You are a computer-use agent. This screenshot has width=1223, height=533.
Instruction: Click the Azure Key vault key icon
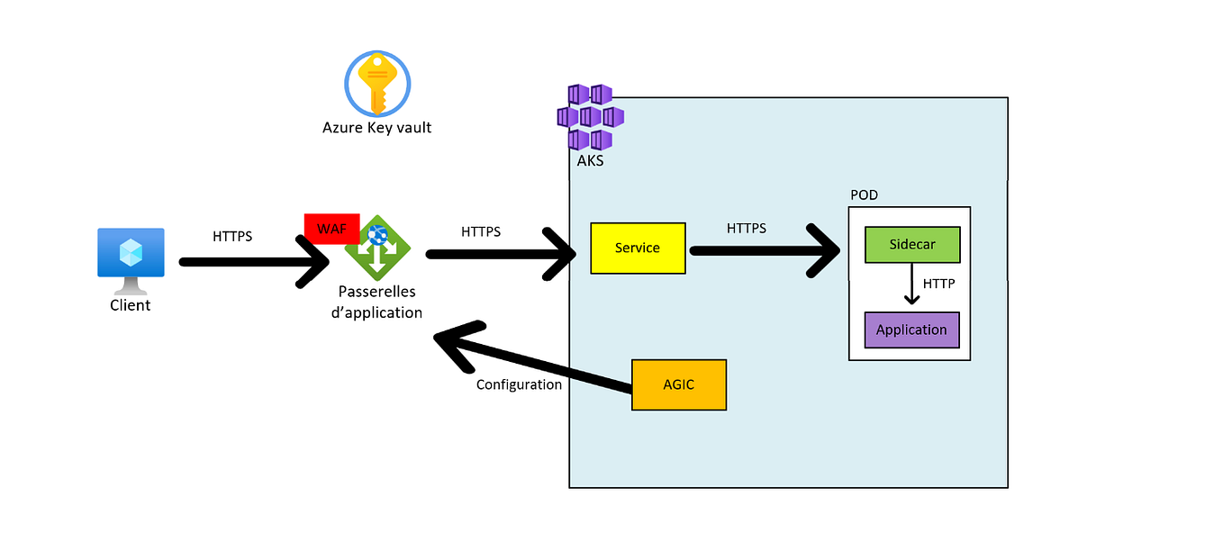377,83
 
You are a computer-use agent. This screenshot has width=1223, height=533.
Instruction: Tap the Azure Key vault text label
376,128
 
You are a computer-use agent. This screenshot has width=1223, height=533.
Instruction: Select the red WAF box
331,229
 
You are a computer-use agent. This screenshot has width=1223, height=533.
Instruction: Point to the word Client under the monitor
131,305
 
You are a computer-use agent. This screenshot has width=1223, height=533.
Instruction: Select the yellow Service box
637,248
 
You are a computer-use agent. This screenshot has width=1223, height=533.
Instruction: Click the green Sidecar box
911,245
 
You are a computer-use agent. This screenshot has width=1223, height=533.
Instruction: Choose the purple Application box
911,330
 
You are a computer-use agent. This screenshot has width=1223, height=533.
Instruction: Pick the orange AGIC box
678,384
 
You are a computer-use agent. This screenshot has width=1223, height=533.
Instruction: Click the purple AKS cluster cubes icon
590,117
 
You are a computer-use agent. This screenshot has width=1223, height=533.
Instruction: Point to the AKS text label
590,161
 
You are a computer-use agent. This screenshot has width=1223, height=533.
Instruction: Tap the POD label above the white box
864,195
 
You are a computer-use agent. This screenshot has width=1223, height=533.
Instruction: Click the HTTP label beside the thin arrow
938,284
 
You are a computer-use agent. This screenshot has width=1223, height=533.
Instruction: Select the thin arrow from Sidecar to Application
912,286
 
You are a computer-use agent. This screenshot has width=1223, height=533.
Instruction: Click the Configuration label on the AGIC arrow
519,384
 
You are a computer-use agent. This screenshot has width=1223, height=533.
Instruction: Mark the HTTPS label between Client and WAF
232,237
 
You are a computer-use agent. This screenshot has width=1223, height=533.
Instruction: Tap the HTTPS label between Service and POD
747,229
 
